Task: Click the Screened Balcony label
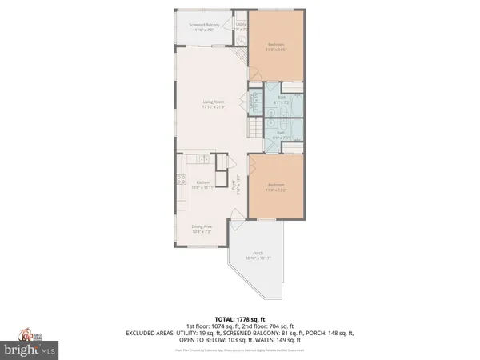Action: [204, 26]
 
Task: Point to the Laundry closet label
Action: [255, 102]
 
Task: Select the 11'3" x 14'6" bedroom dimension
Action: [276, 49]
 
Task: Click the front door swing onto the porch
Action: [237, 214]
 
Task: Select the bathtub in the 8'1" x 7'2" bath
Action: [297, 102]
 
